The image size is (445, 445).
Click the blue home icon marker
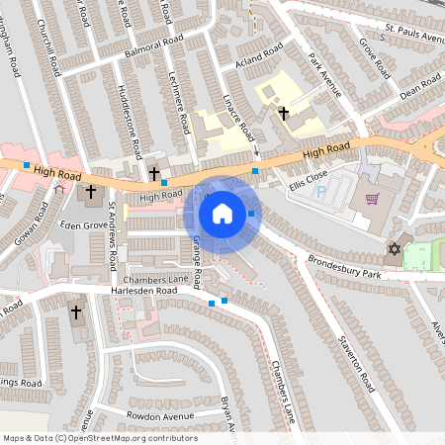222,213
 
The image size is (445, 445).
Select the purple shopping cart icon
372,198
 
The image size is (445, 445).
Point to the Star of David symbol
395,248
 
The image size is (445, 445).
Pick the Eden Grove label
82,225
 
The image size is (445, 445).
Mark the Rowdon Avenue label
160,416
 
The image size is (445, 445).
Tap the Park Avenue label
324,76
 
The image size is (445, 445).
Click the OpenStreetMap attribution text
100,438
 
